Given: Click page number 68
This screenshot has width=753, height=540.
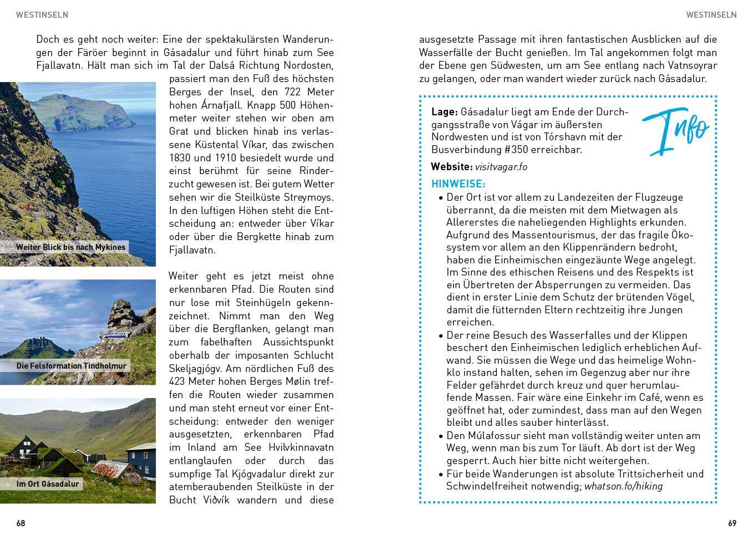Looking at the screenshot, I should [x=21, y=523].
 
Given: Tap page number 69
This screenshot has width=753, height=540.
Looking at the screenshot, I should [x=732, y=523].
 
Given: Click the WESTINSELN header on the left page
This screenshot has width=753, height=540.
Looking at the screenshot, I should [x=42, y=15].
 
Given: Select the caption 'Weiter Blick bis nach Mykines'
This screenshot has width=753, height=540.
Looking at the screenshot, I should [x=70, y=247].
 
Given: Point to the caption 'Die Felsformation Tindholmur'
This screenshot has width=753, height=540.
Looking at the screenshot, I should [x=71, y=366].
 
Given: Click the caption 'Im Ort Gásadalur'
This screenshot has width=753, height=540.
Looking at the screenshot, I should [x=48, y=484].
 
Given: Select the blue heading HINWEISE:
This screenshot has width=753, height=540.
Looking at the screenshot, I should [x=458, y=184].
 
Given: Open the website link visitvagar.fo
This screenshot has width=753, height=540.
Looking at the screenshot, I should [x=501, y=167].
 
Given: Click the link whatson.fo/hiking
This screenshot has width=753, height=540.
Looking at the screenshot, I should [x=623, y=486].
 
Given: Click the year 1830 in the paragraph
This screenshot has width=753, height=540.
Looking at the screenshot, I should [x=180, y=158].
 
